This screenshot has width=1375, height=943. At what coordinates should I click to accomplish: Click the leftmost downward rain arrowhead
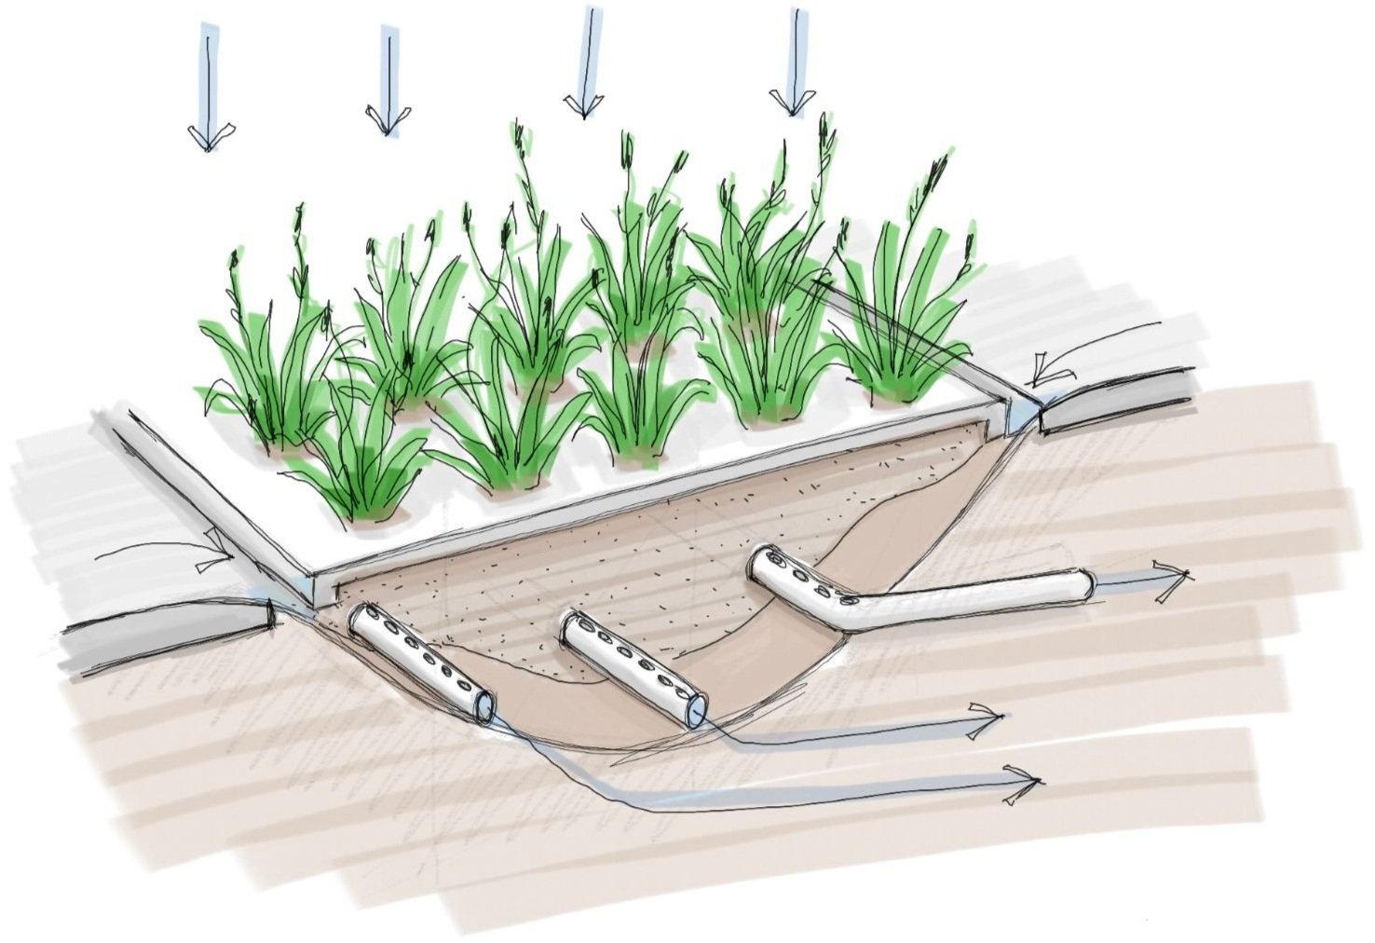point(206,136)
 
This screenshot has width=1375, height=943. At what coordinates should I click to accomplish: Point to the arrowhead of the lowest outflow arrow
point(1023,778)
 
